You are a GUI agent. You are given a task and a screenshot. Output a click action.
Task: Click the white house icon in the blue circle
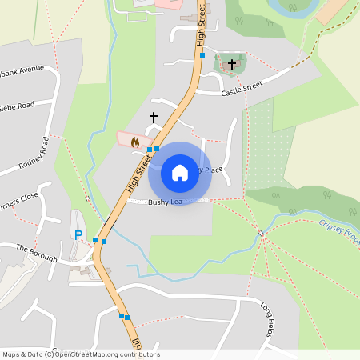click(180, 171)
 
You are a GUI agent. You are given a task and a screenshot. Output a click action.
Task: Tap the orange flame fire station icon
click(135, 142)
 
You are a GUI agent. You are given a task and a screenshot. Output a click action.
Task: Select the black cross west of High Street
click(154, 118)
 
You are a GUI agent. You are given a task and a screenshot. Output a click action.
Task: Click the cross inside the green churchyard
click(232, 64)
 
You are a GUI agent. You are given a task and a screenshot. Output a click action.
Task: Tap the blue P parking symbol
click(78, 235)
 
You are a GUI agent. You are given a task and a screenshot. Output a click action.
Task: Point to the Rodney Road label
click(34, 154)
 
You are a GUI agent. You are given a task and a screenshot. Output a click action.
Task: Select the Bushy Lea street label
click(166, 202)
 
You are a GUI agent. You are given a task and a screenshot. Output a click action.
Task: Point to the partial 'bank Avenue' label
click(22, 69)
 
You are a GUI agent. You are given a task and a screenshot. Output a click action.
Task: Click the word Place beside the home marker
click(213, 170)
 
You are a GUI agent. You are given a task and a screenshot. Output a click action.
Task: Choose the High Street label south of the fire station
click(138, 174)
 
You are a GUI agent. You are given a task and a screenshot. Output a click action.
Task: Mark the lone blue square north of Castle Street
click(202, 55)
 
